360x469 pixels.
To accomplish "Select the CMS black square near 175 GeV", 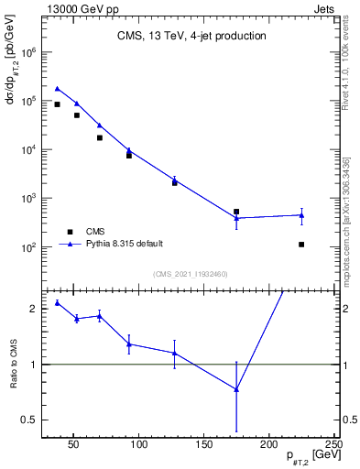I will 236,212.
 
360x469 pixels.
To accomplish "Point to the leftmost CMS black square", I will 58,104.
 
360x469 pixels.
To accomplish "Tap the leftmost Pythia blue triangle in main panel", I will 58,89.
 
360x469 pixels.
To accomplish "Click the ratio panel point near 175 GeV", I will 236,389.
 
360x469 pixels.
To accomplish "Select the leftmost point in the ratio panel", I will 58,302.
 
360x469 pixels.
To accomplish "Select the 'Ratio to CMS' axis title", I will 13,365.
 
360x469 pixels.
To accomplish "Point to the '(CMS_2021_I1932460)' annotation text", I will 191,274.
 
